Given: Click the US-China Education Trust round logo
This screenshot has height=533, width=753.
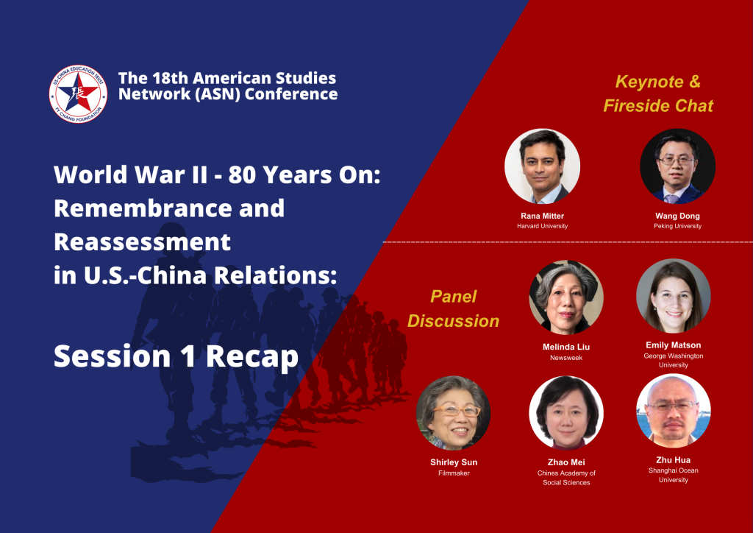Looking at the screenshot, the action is point(78,94).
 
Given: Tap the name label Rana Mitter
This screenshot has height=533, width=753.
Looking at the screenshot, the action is point(542,216).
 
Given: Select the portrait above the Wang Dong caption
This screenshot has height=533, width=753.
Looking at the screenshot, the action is point(677,166).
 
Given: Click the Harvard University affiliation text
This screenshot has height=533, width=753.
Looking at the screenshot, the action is point(542,226).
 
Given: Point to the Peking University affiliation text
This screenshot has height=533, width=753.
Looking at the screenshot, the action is point(677,226).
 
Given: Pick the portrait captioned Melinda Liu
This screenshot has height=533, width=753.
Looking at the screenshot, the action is point(566,297).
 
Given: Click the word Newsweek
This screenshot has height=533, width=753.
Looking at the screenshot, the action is point(566,358).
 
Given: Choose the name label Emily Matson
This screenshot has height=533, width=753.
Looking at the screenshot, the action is point(674,345).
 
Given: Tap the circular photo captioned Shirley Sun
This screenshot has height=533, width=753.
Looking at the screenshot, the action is point(453,413).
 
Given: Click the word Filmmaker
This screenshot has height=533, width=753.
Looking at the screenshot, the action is point(454,473).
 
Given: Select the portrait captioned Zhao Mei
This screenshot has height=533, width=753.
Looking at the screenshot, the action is point(566,413).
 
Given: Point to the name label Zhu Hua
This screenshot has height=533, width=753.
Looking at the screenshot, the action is point(674,460).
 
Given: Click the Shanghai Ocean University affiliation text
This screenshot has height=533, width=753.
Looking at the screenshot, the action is point(674,476).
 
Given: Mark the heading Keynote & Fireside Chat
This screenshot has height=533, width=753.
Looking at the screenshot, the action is point(658,93).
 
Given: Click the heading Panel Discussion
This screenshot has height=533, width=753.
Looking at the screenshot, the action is point(453,308).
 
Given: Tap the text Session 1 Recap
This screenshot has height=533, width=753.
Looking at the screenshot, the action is point(176,356).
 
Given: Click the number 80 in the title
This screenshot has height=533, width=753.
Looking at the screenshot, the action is point(243,175).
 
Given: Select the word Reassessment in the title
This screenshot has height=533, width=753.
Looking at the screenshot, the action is point(142,241).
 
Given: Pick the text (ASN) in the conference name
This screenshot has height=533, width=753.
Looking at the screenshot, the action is point(218,94).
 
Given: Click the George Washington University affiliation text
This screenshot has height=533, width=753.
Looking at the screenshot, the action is point(674,361).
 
